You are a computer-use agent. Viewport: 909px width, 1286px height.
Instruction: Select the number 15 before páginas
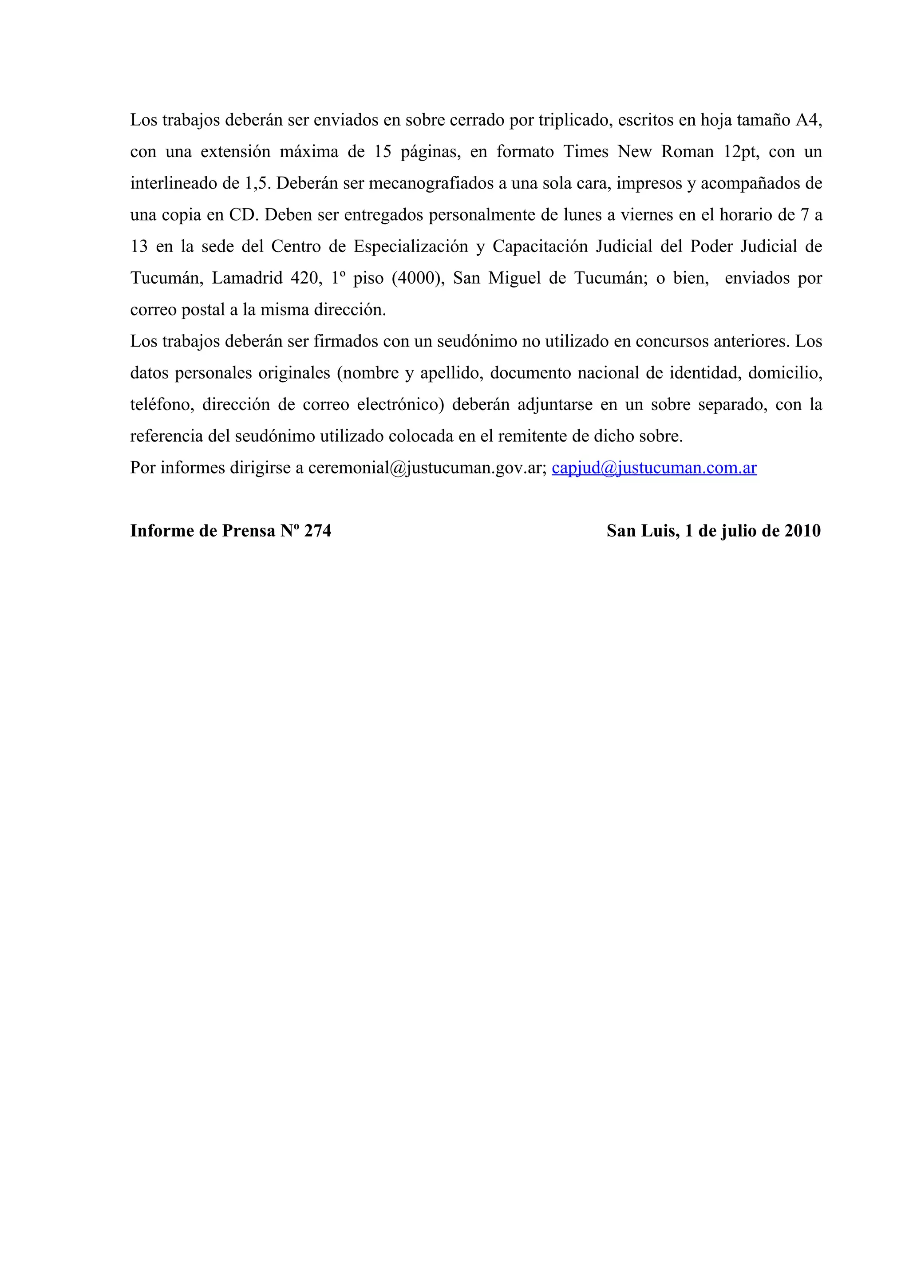[383, 152]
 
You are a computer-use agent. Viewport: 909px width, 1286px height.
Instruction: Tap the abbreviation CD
[242, 216]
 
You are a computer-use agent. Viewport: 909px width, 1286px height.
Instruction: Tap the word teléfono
[162, 404]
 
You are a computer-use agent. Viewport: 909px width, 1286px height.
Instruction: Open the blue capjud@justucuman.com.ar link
[654, 468]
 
